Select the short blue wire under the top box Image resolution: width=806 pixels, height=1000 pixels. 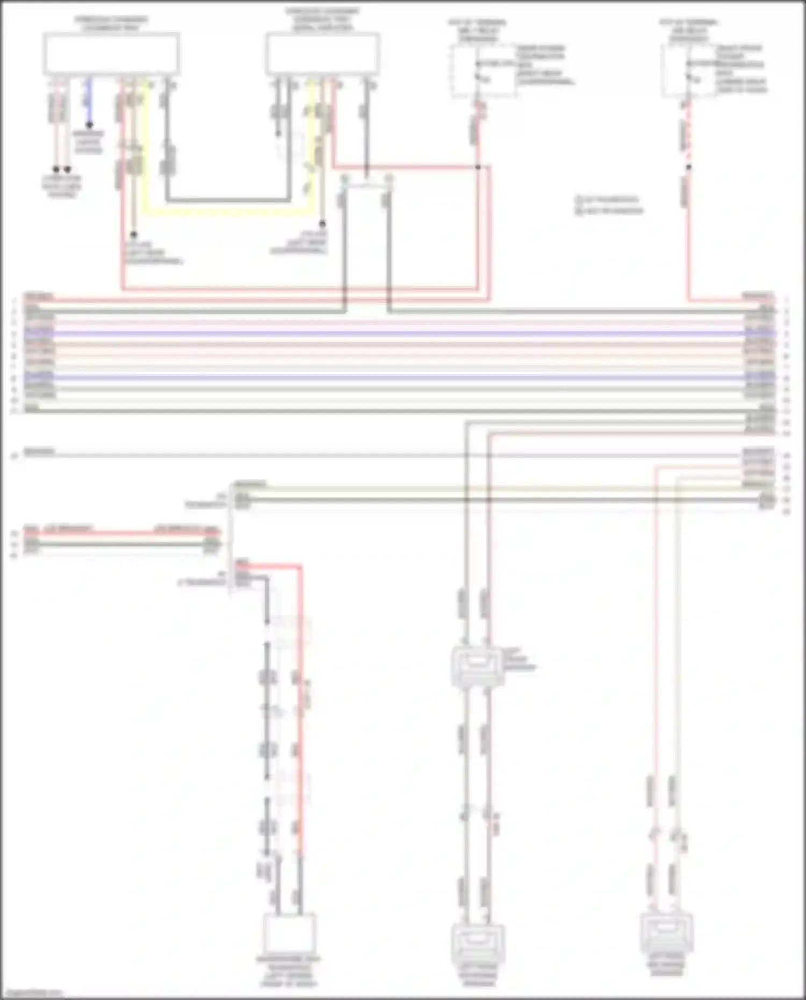[89, 102]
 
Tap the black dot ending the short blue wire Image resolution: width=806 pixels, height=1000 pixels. [89, 125]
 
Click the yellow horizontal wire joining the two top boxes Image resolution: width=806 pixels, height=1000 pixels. [226, 212]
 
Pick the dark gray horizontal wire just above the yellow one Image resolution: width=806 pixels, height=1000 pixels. [226, 201]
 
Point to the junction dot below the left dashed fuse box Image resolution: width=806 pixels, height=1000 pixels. [478, 167]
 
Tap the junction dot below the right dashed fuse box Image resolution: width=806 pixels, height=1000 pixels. [689, 167]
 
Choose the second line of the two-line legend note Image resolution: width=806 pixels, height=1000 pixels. [609, 211]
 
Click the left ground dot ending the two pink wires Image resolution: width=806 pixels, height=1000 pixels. [56, 169]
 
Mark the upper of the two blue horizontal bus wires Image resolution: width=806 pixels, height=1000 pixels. [398, 334]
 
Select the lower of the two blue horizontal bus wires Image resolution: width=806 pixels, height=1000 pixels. [398, 378]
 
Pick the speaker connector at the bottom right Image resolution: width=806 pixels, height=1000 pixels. [666, 933]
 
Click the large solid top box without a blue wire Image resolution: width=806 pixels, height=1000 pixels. [323, 54]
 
